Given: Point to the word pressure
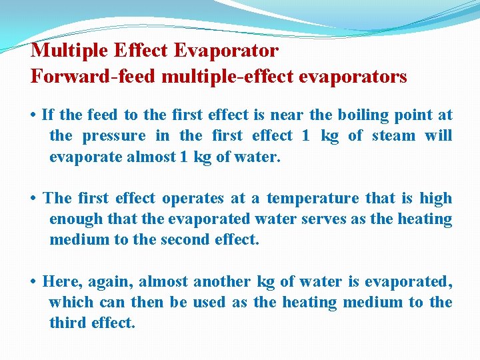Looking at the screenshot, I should (x=114, y=136).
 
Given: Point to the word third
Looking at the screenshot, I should (x=67, y=323).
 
